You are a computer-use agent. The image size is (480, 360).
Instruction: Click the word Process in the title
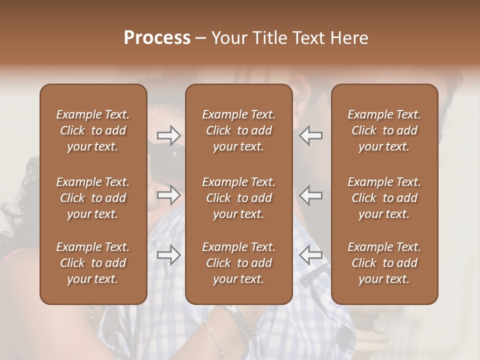coord(157,38)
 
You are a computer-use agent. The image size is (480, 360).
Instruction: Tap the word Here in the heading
coord(349,38)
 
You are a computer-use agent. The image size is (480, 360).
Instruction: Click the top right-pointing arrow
coord(169,135)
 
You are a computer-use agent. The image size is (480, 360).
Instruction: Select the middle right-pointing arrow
coord(169,195)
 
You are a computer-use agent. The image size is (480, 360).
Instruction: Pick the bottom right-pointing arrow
coord(169,255)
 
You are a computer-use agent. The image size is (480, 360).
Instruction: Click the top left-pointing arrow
coord(310,135)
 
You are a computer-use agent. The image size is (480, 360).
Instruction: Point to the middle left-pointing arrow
coord(310,195)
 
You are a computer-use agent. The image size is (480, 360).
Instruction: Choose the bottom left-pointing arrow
coord(310,255)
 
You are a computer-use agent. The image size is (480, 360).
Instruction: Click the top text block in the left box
coord(93,130)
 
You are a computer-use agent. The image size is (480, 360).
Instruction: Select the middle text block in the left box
coord(93,198)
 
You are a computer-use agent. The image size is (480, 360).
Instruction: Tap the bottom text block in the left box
coord(93,263)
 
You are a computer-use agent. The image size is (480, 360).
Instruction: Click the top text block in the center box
coord(238,130)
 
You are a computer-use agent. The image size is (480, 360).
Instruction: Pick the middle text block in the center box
coord(238,198)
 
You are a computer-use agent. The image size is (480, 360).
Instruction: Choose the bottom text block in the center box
coord(238,263)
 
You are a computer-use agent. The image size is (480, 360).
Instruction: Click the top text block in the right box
coord(384,130)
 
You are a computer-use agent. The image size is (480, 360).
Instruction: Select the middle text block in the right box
coord(384,198)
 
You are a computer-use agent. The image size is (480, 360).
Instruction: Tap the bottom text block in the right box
coord(384,263)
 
